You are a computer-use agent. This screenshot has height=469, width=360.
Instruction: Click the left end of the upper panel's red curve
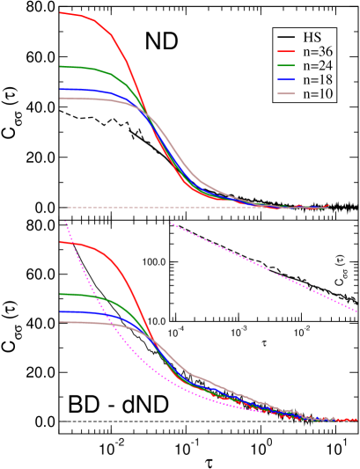click(60, 13)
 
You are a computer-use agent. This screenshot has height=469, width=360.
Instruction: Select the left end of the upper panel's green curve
click(60, 66)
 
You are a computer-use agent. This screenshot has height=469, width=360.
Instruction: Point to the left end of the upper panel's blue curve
click(60, 89)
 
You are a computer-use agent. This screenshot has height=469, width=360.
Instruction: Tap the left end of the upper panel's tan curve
click(60, 98)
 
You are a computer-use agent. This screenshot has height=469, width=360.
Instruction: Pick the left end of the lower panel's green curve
click(60, 294)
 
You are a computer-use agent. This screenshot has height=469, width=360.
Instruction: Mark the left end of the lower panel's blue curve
click(60, 312)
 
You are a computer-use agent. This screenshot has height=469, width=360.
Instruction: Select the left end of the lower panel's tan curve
click(60, 322)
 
